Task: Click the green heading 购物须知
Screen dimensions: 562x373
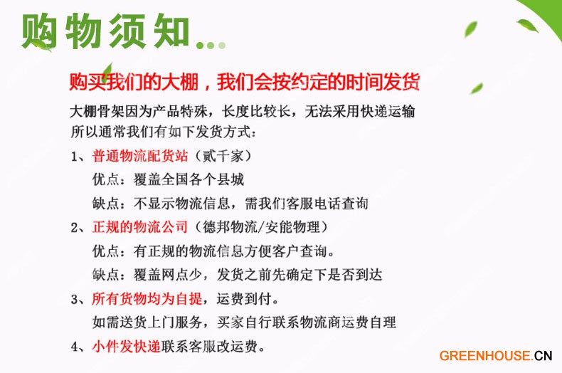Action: pyautogui.click(x=105, y=31)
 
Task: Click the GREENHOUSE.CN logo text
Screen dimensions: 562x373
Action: pyautogui.click(x=496, y=356)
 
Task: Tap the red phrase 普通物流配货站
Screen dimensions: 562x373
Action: pyautogui.click(x=140, y=156)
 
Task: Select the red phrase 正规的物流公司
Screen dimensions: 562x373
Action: pyautogui.click(x=140, y=227)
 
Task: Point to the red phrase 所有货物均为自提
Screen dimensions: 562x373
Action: pyautogui.click(x=147, y=298)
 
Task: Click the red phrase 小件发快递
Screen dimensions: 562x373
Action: pyautogui.click(x=126, y=347)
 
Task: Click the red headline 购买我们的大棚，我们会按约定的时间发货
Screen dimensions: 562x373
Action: pyautogui.click(x=245, y=82)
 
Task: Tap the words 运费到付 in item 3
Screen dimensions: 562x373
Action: pyautogui.click(x=244, y=298)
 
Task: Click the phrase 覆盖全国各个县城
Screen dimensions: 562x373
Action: pyautogui.click(x=189, y=179)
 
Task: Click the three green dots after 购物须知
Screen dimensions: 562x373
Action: pyautogui.click(x=211, y=45)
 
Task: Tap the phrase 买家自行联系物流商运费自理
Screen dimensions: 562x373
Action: pyautogui.click(x=307, y=322)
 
